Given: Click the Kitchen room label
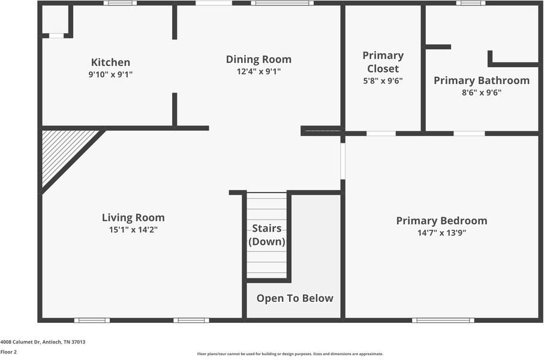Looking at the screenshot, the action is tap(111, 62).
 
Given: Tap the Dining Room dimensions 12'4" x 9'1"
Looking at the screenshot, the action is tap(259, 71).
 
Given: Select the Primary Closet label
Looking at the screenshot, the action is tap(383, 62).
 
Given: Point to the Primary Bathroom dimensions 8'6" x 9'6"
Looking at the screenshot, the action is tap(482, 92).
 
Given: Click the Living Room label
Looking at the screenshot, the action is tap(133, 218).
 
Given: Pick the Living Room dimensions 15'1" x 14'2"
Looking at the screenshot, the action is tap(133, 230).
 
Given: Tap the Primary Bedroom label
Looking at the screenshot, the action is tap(441, 221).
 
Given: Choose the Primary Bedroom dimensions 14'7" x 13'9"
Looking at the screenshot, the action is tap(441, 233).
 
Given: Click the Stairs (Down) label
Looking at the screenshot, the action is tap(267, 235).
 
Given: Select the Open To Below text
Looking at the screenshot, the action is tap(295, 298).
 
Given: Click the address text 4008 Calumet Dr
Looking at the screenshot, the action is tap(20, 342).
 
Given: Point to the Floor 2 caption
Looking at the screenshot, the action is tap(8, 352).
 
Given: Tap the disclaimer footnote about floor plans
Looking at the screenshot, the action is tap(290, 354).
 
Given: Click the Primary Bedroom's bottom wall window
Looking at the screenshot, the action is tap(443, 320).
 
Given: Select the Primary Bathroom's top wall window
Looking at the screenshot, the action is tap(470, 3).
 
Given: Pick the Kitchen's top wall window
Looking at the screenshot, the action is tap(120, 3).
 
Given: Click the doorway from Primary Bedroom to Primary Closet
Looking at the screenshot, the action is tap(381, 134).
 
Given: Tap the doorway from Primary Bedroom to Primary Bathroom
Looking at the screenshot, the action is tap(469, 134).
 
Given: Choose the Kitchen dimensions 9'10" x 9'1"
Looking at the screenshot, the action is tap(111, 74).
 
